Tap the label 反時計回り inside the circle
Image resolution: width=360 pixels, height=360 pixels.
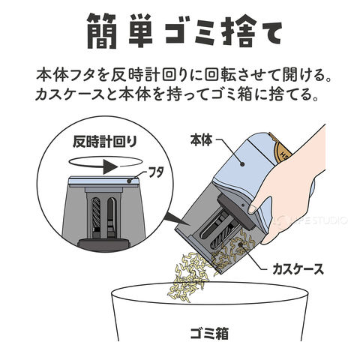pyautogui.click(x=105, y=142)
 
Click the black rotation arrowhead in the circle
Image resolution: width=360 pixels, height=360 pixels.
pyautogui.click(x=110, y=166)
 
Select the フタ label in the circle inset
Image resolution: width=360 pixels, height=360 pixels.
pyautogui.click(x=156, y=172)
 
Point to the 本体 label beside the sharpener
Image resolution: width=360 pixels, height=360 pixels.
pyautogui.click(x=201, y=140)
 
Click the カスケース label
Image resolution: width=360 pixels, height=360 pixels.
pyautogui.click(x=298, y=269)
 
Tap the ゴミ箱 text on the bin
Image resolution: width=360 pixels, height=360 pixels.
pyautogui.click(x=209, y=333)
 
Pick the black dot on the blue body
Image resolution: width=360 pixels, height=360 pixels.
pyautogui.click(x=242, y=164)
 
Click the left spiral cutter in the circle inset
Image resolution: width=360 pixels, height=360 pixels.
pyautogui.click(x=96, y=213)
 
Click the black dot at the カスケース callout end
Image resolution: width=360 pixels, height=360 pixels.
pyautogui.click(x=241, y=244)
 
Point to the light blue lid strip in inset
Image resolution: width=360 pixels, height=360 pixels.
pyautogui.click(x=103, y=181)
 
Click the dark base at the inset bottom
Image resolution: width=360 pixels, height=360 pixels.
pyautogui.click(x=105, y=243)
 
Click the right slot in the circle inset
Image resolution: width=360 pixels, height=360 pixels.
pyautogui.click(x=112, y=217)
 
